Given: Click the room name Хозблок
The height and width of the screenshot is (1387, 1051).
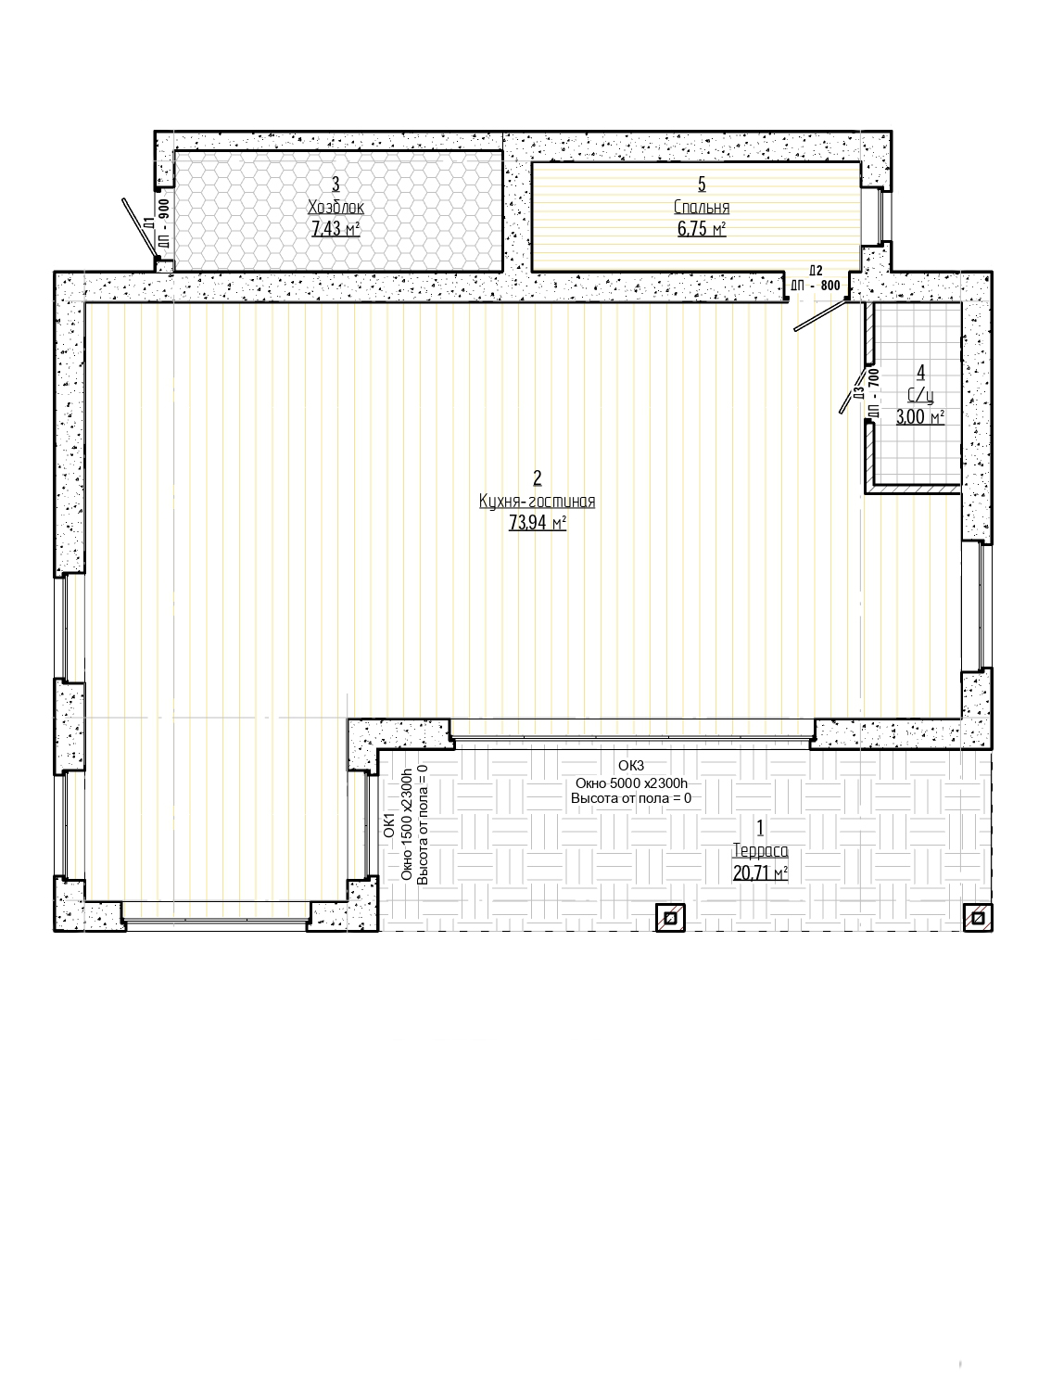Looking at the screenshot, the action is (336, 207).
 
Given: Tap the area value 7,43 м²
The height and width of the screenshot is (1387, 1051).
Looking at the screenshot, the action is (336, 228).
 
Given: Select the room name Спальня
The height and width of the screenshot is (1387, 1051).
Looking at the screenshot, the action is (701, 207).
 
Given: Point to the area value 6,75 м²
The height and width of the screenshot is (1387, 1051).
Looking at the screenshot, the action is (701, 228).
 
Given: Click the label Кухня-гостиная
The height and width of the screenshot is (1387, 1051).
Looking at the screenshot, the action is (537, 501).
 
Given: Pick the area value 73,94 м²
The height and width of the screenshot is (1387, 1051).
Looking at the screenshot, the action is (537, 523).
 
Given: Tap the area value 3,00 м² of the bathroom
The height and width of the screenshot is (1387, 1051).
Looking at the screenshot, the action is (919, 417).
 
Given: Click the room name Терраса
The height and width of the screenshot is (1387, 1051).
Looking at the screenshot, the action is (760, 850).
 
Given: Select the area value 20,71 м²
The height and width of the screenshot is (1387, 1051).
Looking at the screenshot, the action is (760, 872).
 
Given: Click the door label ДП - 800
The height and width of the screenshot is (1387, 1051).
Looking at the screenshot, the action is (816, 286).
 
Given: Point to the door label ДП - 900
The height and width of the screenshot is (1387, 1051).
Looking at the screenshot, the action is (164, 223).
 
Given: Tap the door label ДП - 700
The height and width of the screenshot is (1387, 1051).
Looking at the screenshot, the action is (874, 393).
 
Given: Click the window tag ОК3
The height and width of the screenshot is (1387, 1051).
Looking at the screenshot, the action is (631, 766).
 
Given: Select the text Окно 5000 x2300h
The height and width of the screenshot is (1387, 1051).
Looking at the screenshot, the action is (631, 783).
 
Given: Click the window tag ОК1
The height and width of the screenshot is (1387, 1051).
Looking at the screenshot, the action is (389, 825).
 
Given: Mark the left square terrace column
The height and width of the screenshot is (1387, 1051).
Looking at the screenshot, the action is (670, 917).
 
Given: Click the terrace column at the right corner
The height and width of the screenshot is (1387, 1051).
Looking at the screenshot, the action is (978, 917).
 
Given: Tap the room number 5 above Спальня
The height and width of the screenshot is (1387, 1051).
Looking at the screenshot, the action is (701, 184).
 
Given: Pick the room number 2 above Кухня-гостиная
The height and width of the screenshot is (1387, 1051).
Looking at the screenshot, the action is (537, 478).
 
